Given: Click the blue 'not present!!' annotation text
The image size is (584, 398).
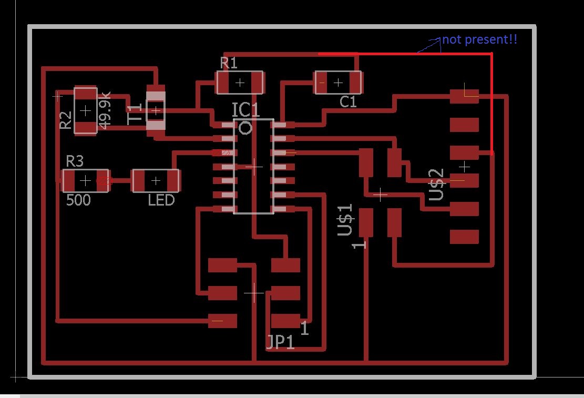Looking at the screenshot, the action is pyautogui.click(x=480, y=39).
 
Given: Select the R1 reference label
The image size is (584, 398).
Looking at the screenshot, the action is pyautogui.click(x=229, y=63).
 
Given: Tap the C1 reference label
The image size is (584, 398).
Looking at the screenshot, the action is pyautogui.click(x=348, y=101).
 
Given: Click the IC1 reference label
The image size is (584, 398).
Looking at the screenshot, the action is pyautogui.click(x=245, y=110).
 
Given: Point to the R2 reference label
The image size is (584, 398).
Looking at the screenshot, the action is pyautogui.click(x=66, y=120).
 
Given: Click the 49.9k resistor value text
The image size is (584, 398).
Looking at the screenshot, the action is pyautogui.click(x=105, y=110).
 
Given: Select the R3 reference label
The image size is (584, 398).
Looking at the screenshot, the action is pyautogui.click(x=75, y=161).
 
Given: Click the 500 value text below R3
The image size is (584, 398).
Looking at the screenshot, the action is pyautogui.click(x=79, y=200).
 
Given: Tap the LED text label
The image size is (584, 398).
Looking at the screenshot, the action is pyautogui.click(x=161, y=200).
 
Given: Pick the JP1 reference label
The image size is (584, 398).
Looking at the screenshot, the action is pyautogui.click(x=281, y=342).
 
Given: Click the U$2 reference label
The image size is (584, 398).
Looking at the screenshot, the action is pyautogui.click(x=436, y=185).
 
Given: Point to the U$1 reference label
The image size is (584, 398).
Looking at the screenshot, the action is pyautogui.click(x=345, y=220).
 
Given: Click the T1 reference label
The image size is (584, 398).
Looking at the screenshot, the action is pyautogui.click(x=135, y=114).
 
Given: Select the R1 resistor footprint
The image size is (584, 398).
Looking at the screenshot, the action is pyautogui.click(x=240, y=83).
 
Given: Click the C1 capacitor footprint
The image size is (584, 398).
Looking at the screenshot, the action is pyautogui.click(x=338, y=83).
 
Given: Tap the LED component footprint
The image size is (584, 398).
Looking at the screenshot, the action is pyautogui.click(x=156, y=181).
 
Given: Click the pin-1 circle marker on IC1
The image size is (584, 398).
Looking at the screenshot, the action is pyautogui.click(x=245, y=128).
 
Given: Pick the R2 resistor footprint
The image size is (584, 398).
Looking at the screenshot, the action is pyautogui.click(x=86, y=110).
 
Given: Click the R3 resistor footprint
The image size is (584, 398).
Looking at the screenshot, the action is pyautogui.click(x=86, y=181).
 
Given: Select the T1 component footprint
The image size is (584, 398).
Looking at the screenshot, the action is pyautogui.click(x=156, y=111).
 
